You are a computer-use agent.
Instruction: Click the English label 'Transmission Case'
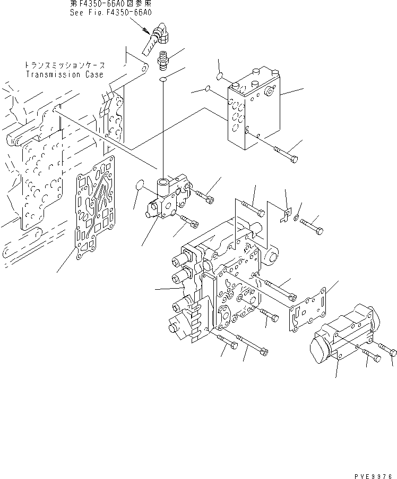(x=65, y=74)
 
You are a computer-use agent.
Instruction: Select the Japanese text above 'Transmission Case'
(x=65, y=65)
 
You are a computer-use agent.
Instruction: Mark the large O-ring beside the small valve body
(x=140, y=185)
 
